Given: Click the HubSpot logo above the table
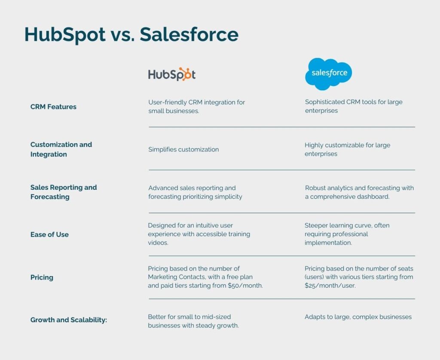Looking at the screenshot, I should pos(172,74).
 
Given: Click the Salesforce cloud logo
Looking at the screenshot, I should pos(329,74).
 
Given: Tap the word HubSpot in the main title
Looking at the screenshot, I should pos(65,34).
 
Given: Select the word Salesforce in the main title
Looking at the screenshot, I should pos(189,34).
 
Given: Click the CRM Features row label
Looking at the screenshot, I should pos(53,107).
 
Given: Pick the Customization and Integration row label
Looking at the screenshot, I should pos(61,149).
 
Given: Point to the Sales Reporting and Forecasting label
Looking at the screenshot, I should pos(64,192).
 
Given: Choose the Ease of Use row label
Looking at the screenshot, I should pos(49,234).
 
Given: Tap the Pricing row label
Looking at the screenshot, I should pos(42,277).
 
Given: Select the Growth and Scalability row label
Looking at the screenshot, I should pos(68,320).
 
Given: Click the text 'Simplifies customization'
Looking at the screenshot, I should pos(183,149).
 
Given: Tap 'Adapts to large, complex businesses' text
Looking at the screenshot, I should pos(358,317).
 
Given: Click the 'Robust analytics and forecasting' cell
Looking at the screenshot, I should pos(359,192).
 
